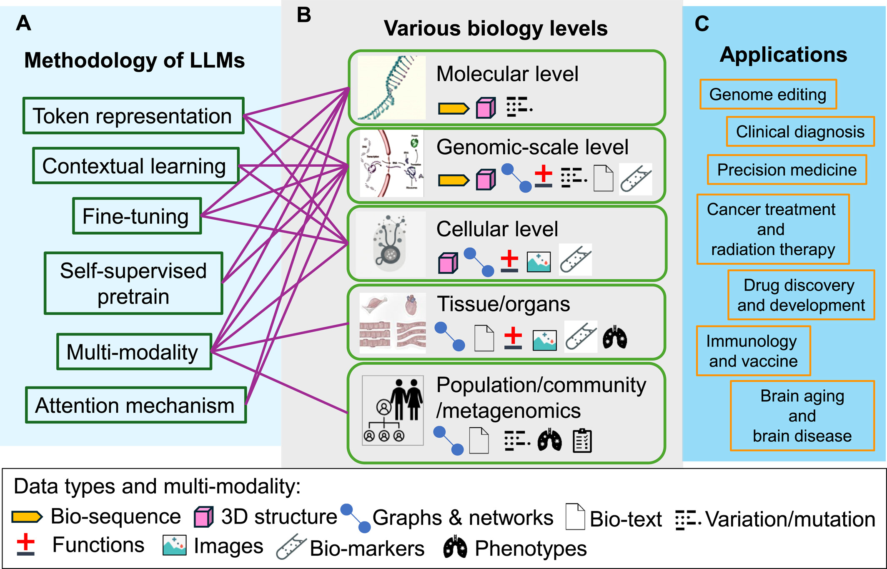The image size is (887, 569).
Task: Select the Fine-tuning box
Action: (137, 216)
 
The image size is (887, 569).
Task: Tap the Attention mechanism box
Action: (136, 405)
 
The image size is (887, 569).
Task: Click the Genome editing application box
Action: (768, 94)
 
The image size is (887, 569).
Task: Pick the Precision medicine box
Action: (787, 170)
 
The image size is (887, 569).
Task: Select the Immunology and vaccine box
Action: (753, 351)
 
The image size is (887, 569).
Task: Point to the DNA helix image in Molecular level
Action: (391, 88)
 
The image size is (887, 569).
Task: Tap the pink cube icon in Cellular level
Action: (448, 263)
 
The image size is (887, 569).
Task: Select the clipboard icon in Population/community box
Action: (582, 440)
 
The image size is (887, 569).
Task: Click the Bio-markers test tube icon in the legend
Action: (291, 547)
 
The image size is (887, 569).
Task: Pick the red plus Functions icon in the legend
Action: (26, 544)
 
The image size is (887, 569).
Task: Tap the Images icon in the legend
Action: (174, 546)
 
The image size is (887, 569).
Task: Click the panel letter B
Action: (304, 15)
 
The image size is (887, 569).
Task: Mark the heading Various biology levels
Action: (495, 28)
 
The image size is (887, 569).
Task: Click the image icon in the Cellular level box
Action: (539, 262)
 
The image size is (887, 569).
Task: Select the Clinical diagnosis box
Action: (800, 132)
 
